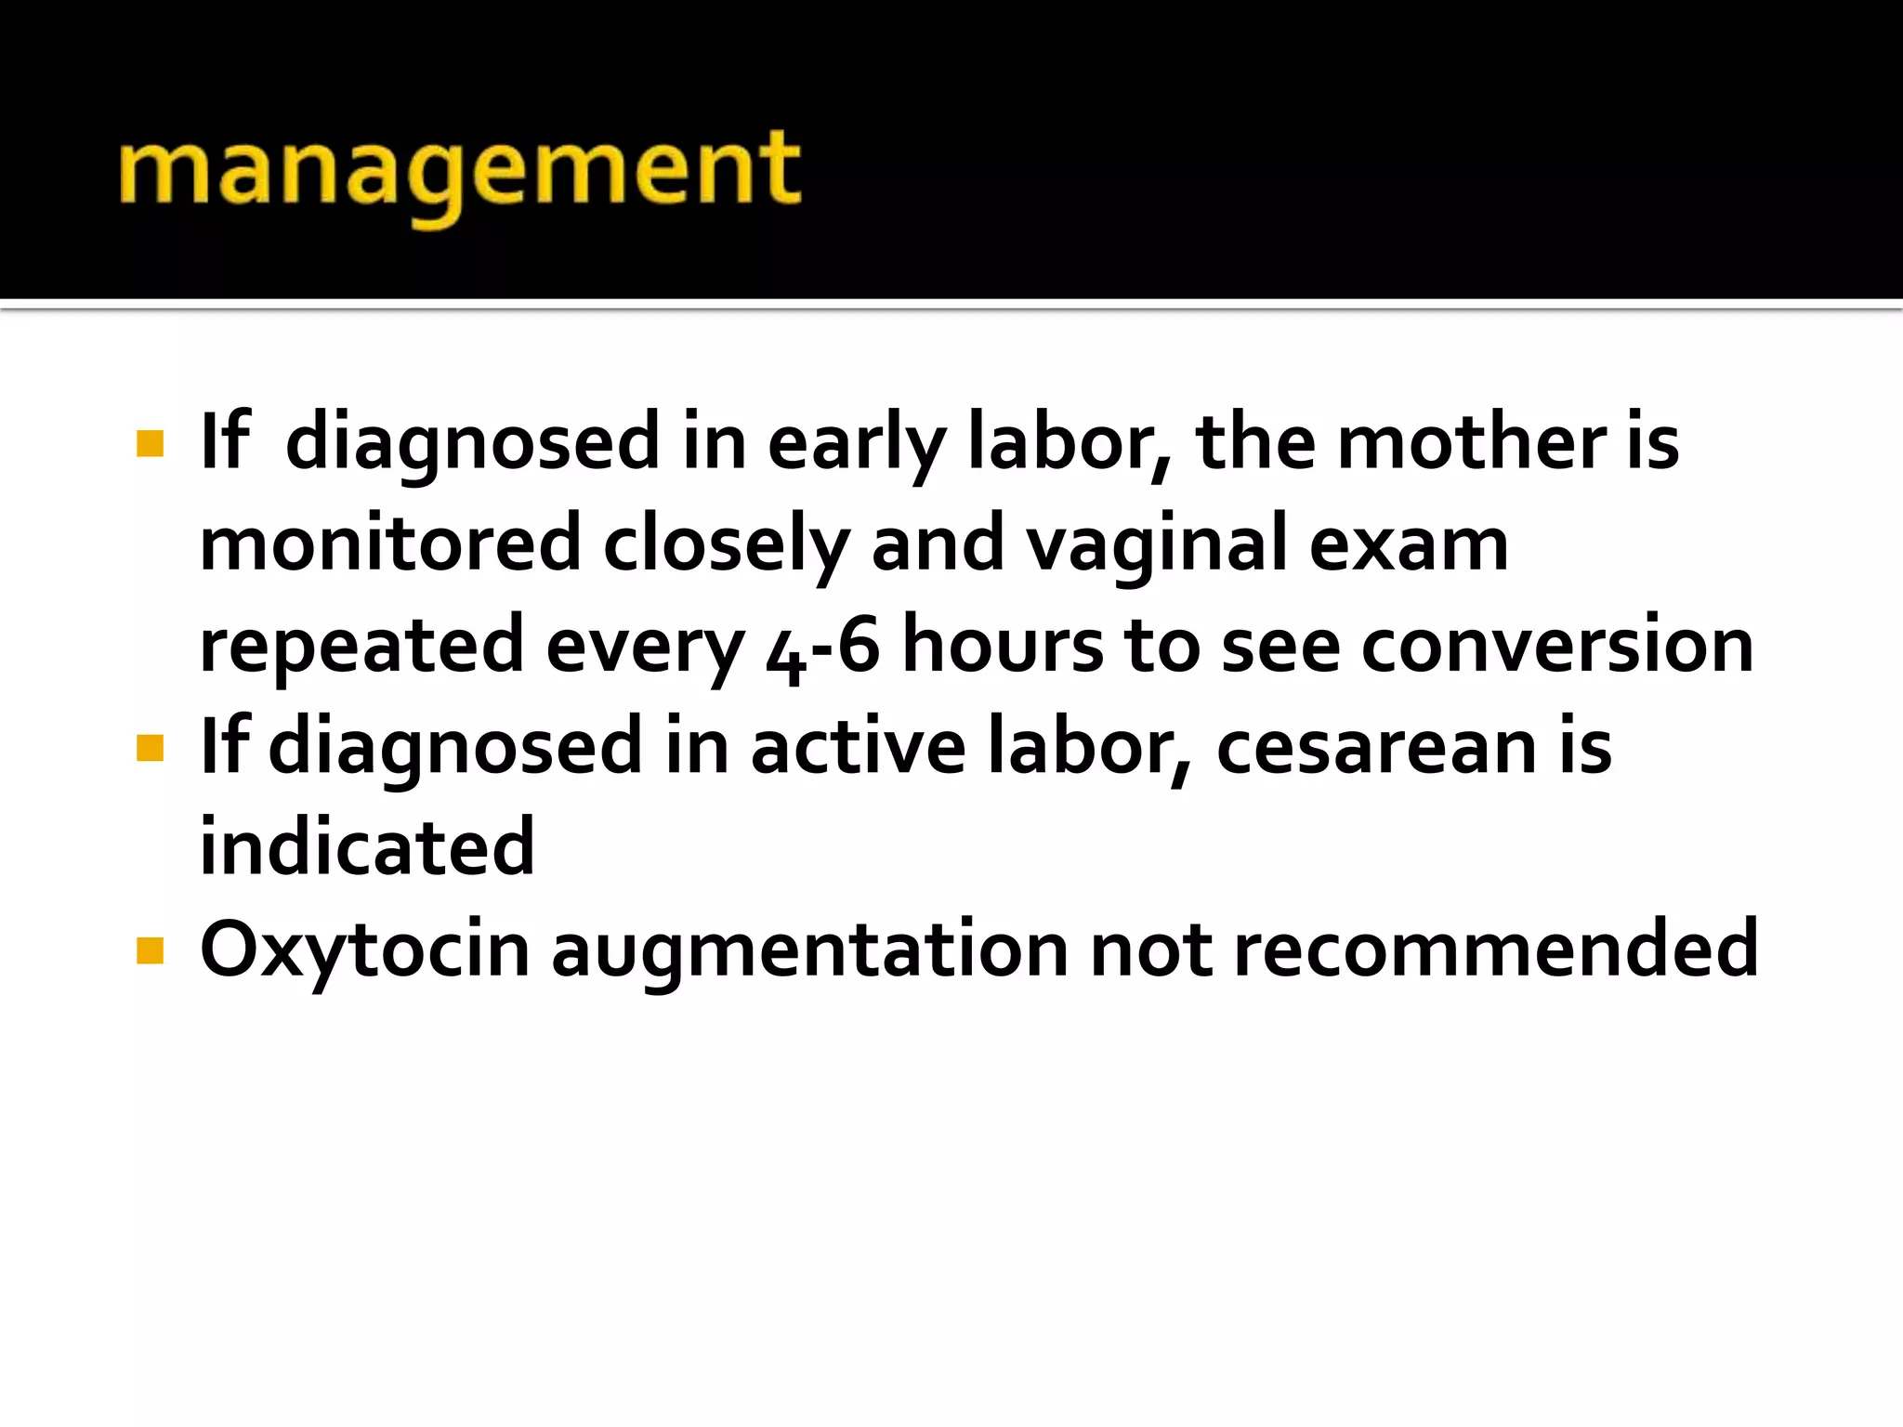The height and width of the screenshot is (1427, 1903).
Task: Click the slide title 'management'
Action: click(x=459, y=173)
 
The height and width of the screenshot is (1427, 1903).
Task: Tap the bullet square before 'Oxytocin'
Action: click(x=150, y=950)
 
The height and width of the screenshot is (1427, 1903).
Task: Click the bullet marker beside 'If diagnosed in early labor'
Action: click(x=150, y=443)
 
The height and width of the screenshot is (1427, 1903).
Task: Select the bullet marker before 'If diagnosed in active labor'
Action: click(x=150, y=747)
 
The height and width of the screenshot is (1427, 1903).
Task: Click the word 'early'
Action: click(x=856, y=444)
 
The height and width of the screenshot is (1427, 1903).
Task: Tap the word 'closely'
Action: click(x=726, y=545)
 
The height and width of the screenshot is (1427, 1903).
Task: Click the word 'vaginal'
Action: click(x=1156, y=545)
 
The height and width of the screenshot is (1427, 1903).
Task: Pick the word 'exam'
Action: click(x=1409, y=545)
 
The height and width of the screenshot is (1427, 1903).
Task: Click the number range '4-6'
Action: click(x=822, y=648)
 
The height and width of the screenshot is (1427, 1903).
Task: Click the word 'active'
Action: click(x=858, y=747)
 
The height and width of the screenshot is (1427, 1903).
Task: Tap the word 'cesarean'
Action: click(x=1376, y=747)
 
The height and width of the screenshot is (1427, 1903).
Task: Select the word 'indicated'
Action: click(x=367, y=847)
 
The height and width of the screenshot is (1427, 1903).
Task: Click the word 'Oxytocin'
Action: click(x=364, y=950)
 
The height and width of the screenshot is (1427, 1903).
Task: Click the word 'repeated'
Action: click(x=361, y=648)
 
